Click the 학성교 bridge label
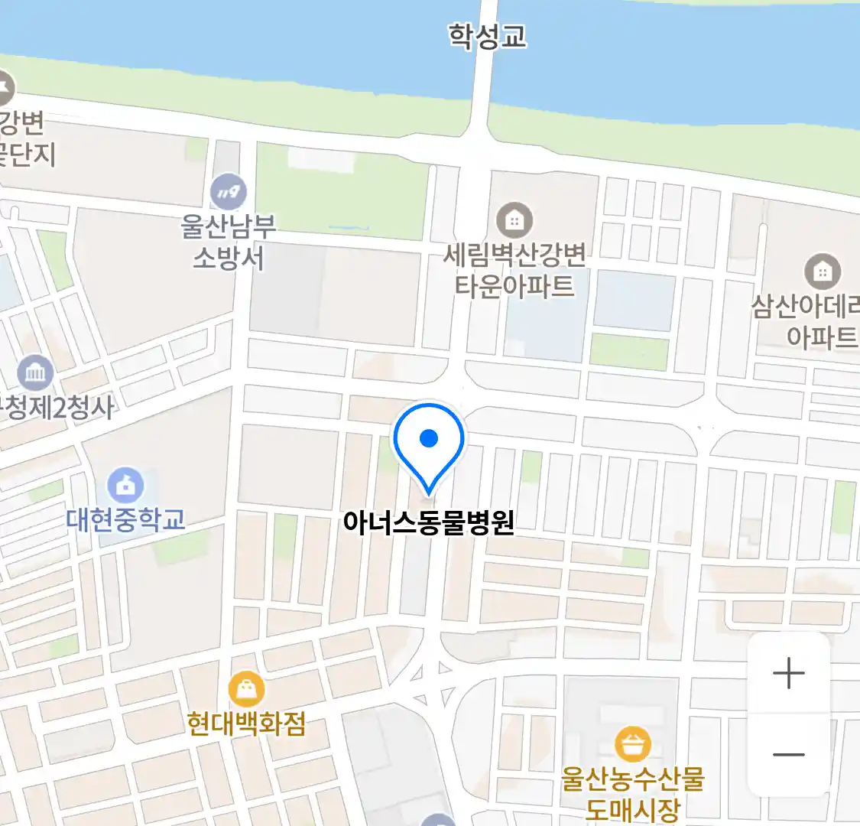pyautogui.click(x=487, y=36)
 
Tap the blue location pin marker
pyautogui.click(x=429, y=444)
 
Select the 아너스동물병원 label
pyautogui.click(x=428, y=523)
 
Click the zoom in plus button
pyautogui.click(x=788, y=674)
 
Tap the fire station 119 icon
pyautogui.click(x=228, y=191)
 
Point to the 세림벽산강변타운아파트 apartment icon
pyautogui.click(x=514, y=221)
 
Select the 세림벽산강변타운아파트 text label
pyautogui.click(x=514, y=270)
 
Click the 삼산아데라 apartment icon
pyautogui.click(x=823, y=272)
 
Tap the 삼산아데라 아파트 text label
pyautogui.click(x=807, y=321)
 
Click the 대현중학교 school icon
pyautogui.click(x=125, y=485)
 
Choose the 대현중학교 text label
pyautogui.click(x=126, y=520)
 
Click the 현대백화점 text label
pyautogui.click(x=246, y=724)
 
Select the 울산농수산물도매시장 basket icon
pyautogui.click(x=633, y=744)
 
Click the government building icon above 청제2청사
pyautogui.click(x=35, y=373)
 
